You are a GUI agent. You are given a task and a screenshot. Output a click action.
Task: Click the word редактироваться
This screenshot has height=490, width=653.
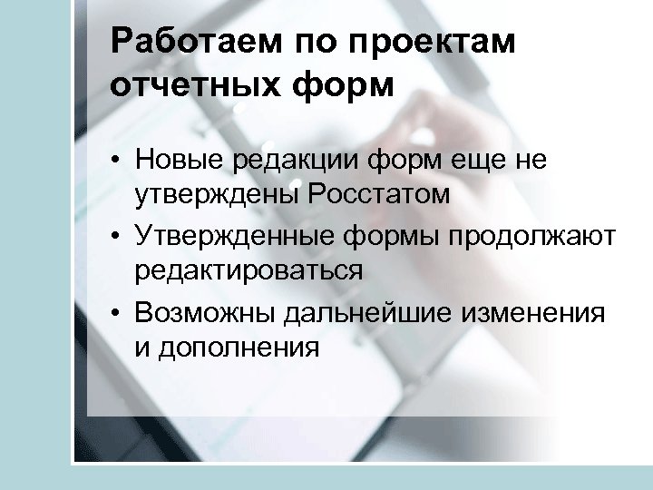249,269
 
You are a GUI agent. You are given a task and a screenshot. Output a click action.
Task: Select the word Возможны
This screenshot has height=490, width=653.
206,313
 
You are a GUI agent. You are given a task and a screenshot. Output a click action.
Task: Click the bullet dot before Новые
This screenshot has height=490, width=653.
117,162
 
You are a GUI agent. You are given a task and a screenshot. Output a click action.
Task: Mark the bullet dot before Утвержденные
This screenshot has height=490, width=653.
117,238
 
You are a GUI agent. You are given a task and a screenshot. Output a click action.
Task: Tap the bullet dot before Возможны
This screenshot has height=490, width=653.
117,314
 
